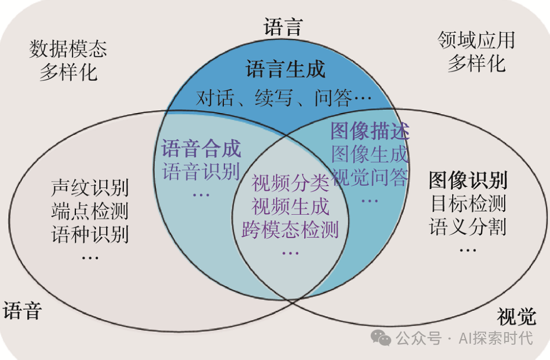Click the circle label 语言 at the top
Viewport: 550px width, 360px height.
[x=283, y=27]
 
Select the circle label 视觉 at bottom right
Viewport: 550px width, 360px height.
[x=516, y=316]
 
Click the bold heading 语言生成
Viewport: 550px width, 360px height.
[x=285, y=69]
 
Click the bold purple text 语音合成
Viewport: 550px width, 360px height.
[x=201, y=149]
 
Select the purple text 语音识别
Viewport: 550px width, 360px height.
[x=201, y=172]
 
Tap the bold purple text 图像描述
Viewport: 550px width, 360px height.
[x=370, y=132]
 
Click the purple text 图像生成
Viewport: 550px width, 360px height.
[x=370, y=155]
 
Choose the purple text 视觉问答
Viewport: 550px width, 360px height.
[x=370, y=177]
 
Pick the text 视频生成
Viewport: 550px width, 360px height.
[x=290, y=206]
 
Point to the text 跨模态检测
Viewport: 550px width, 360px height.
[x=290, y=229]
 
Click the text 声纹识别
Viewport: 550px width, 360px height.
[x=90, y=188]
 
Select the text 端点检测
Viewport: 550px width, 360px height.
[x=90, y=211]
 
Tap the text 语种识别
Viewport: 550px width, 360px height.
[x=90, y=234]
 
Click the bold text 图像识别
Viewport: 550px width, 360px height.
[x=468, y=180]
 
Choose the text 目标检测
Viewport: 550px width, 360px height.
[x=468, y=203]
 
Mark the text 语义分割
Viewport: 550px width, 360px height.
[x=468, y=226]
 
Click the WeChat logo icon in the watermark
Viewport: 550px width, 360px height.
[x=381, y=338]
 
